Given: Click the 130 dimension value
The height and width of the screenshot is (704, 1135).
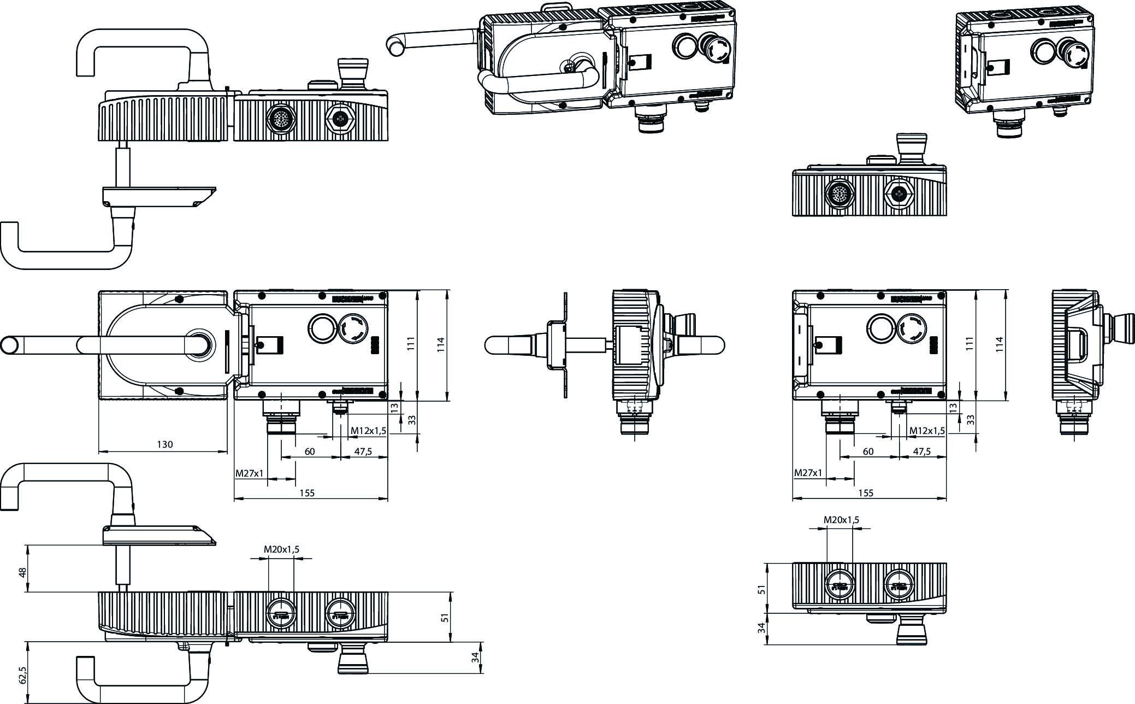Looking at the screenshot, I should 164,444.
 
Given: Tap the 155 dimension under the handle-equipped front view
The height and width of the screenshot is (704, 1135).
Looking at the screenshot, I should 307,492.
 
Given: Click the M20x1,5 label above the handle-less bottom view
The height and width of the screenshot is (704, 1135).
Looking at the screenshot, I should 841,520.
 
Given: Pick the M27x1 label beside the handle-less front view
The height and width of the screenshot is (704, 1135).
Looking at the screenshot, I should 808,472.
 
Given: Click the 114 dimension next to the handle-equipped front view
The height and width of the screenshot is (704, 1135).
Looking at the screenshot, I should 441,344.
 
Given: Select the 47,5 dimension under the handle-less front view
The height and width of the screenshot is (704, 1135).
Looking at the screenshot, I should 921,451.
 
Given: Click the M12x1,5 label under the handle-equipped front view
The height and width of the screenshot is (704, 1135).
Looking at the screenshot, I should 368,431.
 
